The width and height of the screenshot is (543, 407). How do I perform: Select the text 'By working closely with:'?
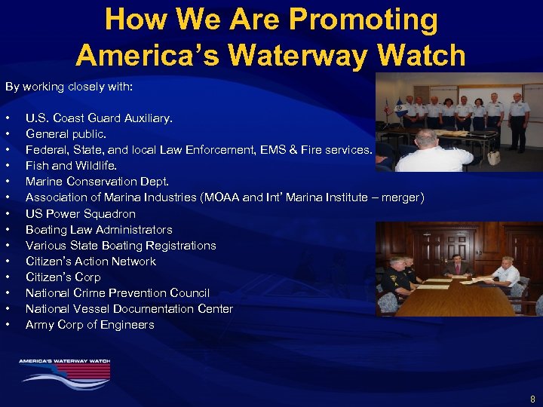point(69,87)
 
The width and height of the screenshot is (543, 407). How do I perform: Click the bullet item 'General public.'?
point(66,134)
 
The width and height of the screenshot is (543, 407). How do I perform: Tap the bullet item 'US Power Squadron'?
point(81,213)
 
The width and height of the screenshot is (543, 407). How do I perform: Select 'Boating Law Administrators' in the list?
point(99,229)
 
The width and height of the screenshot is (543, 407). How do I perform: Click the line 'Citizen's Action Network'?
point(90,261)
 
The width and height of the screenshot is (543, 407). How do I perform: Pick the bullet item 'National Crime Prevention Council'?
point(118,292)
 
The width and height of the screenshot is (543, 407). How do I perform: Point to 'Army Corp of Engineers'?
point(90,324)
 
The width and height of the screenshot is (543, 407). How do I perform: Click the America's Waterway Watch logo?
point(65,369)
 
